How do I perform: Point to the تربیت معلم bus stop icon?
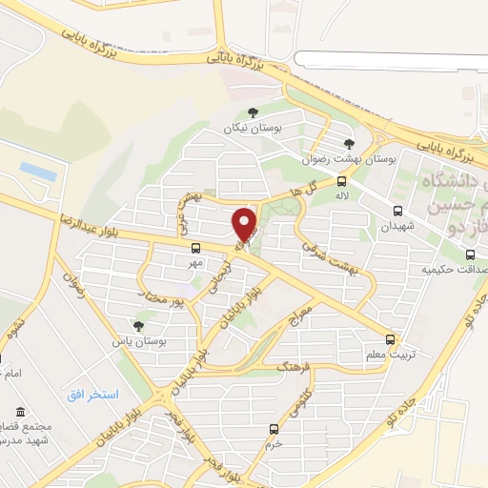(390, 338)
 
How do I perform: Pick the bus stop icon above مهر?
(196, 248)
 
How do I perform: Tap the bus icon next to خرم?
(274, 429)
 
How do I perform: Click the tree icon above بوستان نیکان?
(253, 112)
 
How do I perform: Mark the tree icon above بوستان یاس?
(139, 325)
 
